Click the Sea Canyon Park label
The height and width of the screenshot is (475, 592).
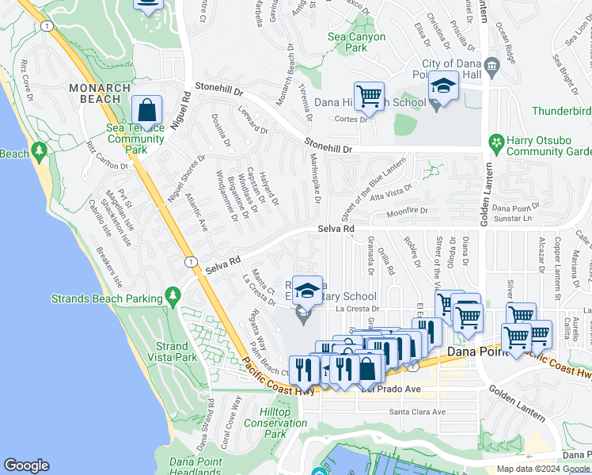(x=357, y=42)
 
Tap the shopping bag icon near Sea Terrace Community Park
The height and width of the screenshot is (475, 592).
(x=147, y=110)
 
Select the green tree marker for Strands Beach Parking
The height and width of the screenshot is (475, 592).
(x=173, y=297)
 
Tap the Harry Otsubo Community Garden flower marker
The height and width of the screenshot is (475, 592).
(x=496, y=143)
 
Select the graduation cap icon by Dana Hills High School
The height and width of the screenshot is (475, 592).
(x=444, y=85)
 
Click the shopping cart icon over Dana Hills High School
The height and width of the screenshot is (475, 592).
(x=369, y=97)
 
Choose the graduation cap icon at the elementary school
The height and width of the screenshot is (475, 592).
(x=307, y=291)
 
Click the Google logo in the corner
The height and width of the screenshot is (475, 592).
(x=26, y=465)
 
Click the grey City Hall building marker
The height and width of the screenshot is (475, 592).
(x=491, y=64)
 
